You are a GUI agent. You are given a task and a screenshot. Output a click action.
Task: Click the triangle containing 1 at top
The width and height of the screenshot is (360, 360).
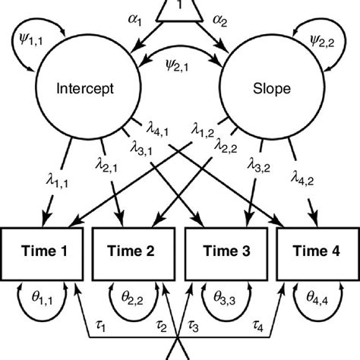180,9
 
